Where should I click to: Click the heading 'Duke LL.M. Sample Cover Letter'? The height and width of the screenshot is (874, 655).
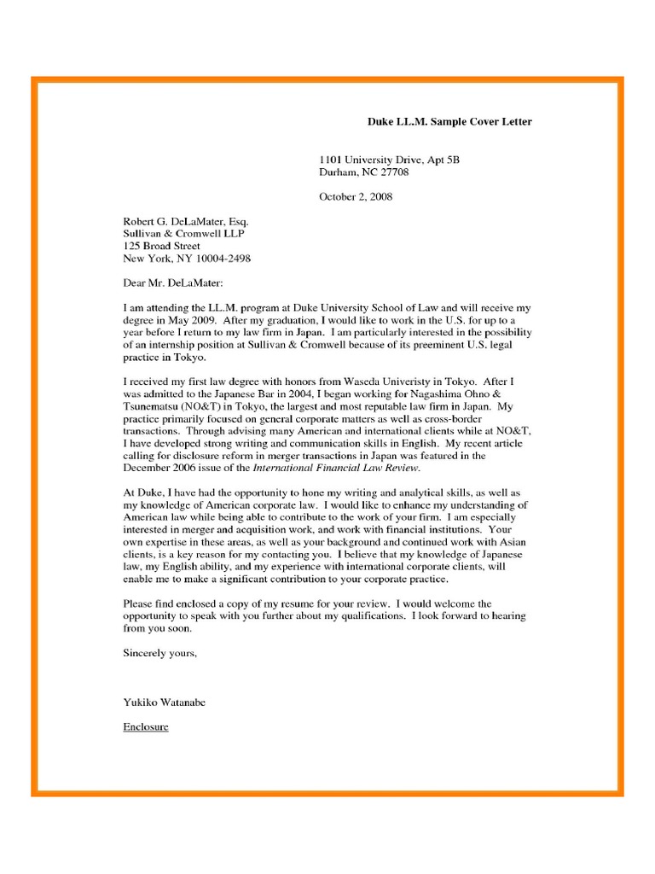coord(449,122)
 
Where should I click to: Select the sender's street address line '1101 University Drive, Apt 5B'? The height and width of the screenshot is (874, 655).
coord(389,160)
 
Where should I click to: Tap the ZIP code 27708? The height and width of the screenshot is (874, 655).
coord(394,172)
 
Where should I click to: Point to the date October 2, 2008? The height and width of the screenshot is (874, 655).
coord(356,197)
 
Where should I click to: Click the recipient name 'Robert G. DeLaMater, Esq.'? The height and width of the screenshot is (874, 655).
coord(186,221)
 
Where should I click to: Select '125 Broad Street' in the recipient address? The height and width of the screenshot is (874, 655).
coord(162,246)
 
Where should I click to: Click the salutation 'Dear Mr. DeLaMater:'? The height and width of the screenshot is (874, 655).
coord(177,283)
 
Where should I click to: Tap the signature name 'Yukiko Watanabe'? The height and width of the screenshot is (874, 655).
coord(165,702)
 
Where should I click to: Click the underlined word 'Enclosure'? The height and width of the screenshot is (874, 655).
coord(146,727)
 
